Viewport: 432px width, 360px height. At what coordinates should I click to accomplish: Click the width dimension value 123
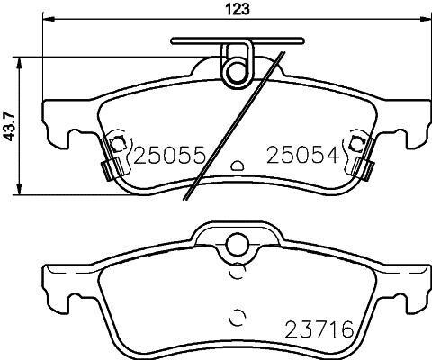(x=238, y=9)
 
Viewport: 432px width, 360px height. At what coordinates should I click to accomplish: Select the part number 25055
(x=169, y=156)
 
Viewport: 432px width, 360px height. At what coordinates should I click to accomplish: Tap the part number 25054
(x=303, y=156)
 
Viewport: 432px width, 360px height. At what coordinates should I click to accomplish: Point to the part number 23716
(x=319, y=329)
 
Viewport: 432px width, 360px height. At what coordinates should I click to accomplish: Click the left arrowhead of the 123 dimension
(x=49, y=19)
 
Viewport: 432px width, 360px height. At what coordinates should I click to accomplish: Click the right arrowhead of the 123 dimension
(x=425, y=19)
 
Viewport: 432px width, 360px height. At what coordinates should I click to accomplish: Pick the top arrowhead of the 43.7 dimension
(x=19, y=63)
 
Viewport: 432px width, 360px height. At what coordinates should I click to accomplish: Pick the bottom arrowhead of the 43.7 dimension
(x=19, y=189)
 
